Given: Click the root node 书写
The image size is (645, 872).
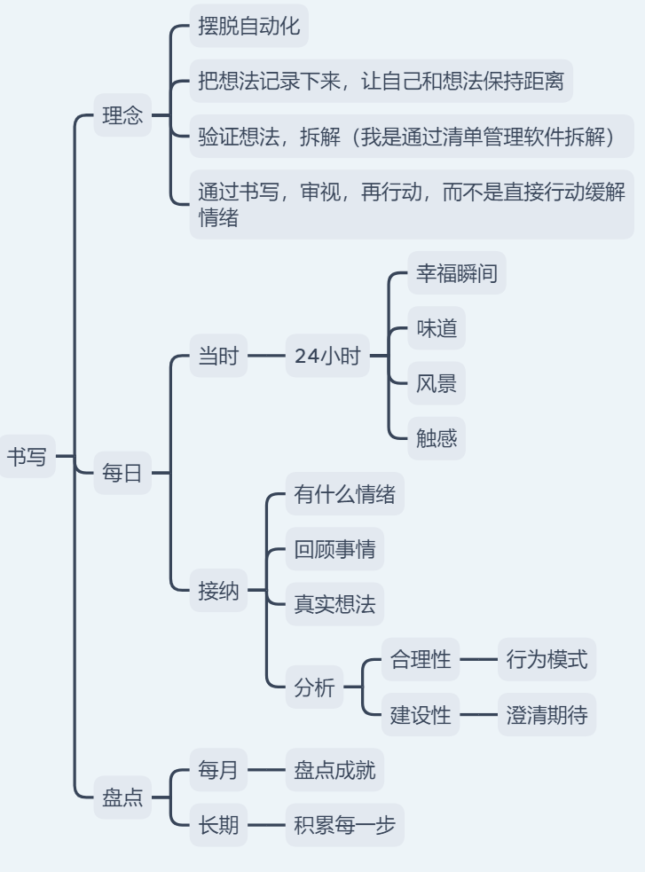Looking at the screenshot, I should (x=27, y=457).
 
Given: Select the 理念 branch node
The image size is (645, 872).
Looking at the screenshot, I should (x=122, y=115).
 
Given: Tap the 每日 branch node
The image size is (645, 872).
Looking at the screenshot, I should (x=122, y=473).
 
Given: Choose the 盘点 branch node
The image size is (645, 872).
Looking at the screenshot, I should (x=122, y=797).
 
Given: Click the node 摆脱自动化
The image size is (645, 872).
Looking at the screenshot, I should (x=249, y=26).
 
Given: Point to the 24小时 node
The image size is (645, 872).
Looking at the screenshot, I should (x=327, y=357).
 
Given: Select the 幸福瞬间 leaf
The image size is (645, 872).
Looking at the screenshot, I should (x=457, y=274).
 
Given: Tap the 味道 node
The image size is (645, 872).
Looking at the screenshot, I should (x=437, y=329).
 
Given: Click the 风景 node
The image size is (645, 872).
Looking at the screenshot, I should (x=437, y=384).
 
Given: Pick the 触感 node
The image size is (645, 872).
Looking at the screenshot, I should (x=437, y=438).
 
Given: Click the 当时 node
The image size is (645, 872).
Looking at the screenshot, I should (x=218, y=357).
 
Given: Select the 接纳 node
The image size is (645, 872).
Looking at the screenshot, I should (x=218, y=591).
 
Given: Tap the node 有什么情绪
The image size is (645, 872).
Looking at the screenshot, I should (x=344, y=494).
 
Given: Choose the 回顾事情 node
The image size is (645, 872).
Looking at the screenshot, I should (x=334, y=550).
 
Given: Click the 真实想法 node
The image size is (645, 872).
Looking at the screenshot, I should (x=334, y=604).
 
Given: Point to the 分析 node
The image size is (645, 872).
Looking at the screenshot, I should (x=314, y=687).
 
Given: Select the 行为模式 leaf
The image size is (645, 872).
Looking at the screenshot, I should (x=547, y=660).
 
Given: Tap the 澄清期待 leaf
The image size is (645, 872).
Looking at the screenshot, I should (x=547, y=715).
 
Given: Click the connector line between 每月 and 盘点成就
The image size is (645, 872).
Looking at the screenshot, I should (x=266, y=770).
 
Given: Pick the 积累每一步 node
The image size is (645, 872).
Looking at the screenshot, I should (x=344, y=826).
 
